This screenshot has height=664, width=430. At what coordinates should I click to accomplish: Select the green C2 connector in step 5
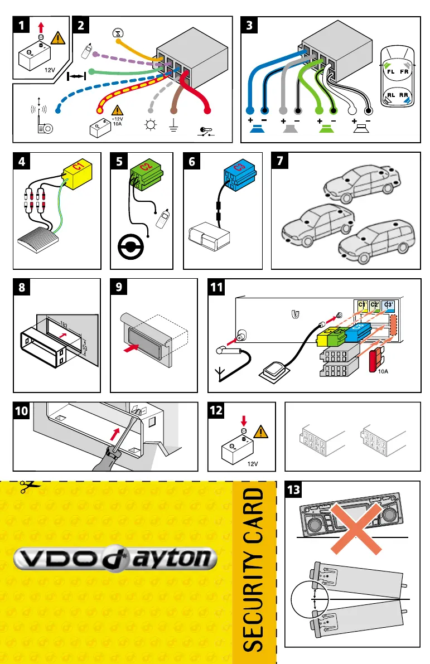pos(146,171)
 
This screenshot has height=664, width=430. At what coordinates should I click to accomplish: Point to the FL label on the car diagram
pos(391,71)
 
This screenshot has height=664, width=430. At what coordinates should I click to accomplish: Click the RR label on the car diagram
pos(405,95)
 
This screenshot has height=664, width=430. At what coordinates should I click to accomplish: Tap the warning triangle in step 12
pos(260,433)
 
